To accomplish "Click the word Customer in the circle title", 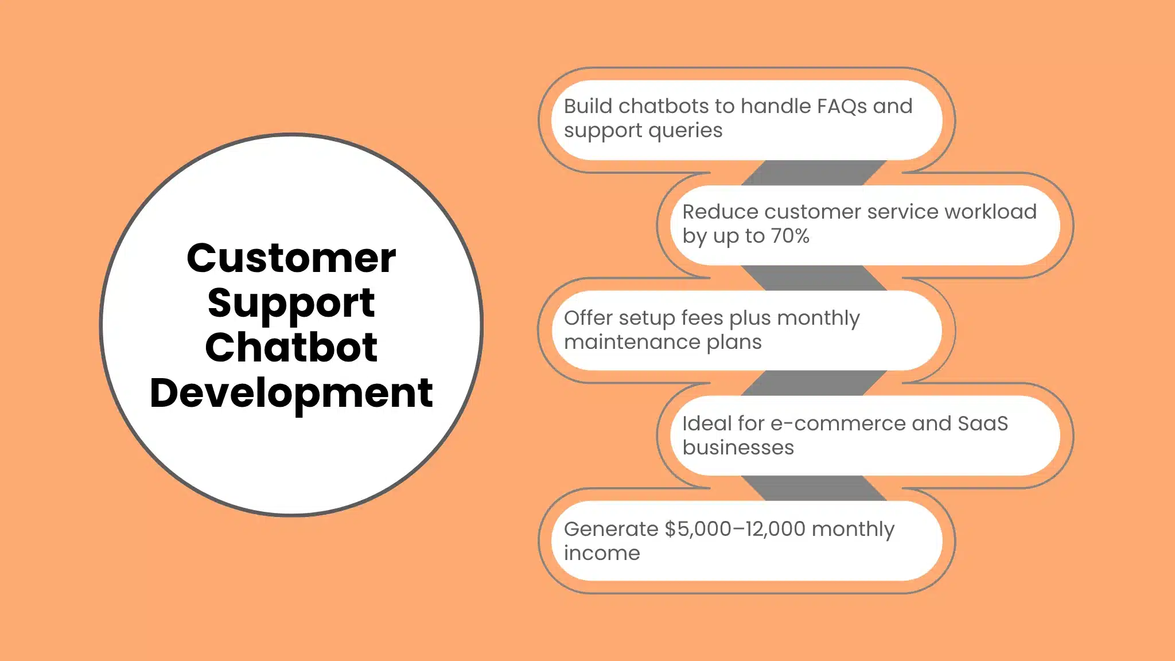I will [291, 258].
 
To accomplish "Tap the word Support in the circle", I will [291, 303].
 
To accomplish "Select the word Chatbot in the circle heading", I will [291, 348].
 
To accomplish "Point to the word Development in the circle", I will [291, 394].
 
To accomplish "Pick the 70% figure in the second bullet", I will [790, 236].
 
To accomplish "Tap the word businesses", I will [738, 448].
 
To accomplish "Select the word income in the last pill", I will [602, 554].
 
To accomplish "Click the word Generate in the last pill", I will [610, 529].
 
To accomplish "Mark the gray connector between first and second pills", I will [814, 173].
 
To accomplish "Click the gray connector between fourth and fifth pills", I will [814, 488].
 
